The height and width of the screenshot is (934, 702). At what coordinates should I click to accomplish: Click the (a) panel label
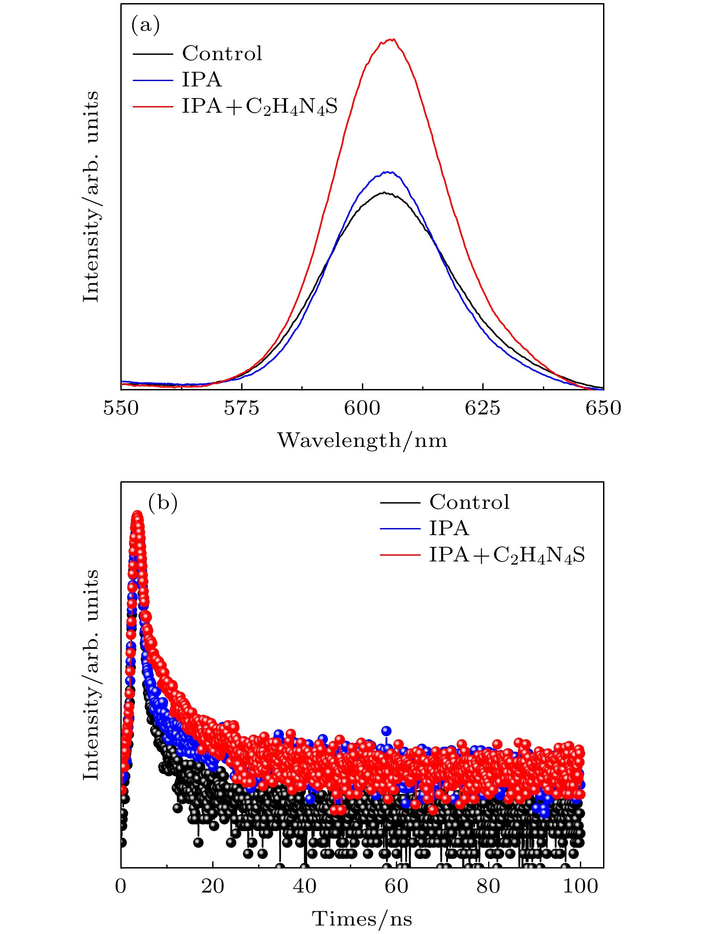[x=145, y=25]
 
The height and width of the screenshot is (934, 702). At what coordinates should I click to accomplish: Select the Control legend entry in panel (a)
[x=222, y=53]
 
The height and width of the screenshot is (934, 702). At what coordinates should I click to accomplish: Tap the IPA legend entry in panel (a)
[x=201, y=80]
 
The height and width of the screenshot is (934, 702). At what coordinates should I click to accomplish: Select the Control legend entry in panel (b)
[x=469, y=502]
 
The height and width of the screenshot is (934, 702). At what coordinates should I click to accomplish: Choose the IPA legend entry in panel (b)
[x=449, y=528]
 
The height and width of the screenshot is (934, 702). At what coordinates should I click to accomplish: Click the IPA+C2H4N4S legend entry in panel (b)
[x=506, y=555]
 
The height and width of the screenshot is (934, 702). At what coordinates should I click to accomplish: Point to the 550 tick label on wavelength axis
[x=121, y=408]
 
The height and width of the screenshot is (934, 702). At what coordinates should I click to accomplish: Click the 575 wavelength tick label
[x=242, y=408]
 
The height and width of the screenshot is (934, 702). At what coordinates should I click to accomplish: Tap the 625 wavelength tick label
[x=483, y=408]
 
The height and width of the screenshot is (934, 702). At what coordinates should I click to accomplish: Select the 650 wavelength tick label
[x=603, y=408]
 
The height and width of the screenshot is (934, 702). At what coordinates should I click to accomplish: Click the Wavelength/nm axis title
[x=362, y=441]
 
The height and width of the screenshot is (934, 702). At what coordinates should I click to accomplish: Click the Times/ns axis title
[x=362, y=919]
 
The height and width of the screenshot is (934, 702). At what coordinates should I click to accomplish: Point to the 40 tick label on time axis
[x=305, y=886]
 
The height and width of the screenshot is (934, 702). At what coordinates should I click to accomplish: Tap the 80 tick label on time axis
[x=489, y=886]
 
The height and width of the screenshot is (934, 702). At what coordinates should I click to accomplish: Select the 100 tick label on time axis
[x=580, y=886]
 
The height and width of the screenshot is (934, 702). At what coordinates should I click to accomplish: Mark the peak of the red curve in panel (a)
[x=392, y=39]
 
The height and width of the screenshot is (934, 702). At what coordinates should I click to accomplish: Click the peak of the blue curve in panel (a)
[x=389, y=172]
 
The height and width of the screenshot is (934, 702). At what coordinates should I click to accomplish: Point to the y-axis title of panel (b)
[x=91, y=675]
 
